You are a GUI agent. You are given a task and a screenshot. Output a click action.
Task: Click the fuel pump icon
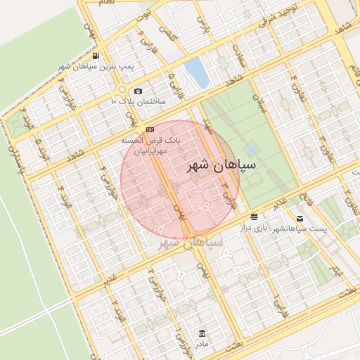tap(96, 56)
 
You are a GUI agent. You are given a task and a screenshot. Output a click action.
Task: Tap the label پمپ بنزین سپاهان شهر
tap(96, 66)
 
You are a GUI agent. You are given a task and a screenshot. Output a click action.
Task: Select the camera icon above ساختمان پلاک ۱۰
tap(138, 91)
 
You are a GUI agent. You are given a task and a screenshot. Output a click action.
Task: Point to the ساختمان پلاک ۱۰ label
tap(138, 102)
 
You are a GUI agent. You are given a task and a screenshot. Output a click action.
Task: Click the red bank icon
tap(150, 130)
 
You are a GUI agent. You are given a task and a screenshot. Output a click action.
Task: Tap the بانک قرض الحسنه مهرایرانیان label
tap(150, 146)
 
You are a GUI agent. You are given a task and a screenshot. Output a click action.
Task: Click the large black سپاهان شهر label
tap(221, 166)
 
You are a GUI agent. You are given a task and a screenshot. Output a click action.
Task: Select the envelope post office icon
tap(300, 219)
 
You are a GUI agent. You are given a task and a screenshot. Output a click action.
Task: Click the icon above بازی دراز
tap(253, 216)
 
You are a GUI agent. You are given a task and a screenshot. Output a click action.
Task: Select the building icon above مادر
tap(202, 333)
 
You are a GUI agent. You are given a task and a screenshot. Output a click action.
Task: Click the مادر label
tap(202, 345)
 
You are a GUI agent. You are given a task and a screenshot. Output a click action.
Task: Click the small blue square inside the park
tap(250, 150)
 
